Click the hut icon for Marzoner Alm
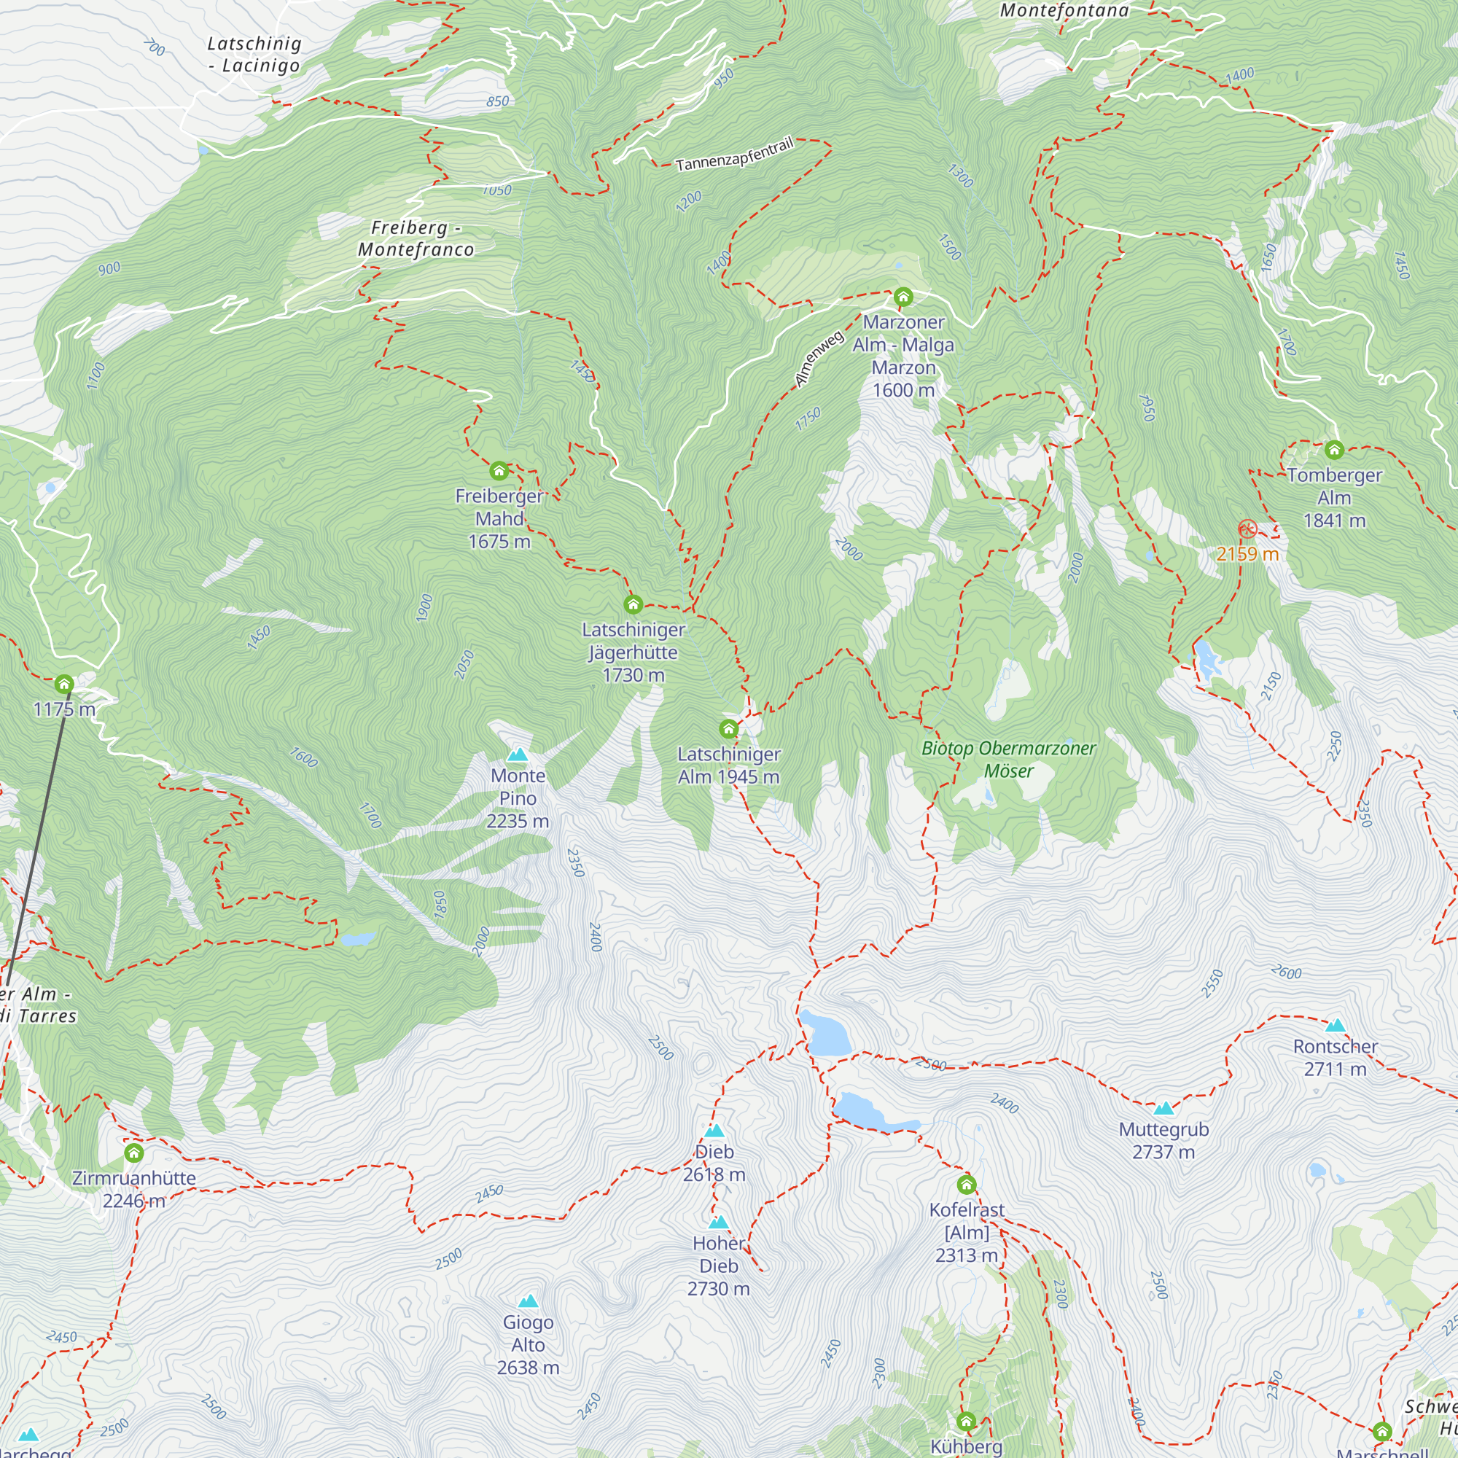point(903,297)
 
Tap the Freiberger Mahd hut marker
point(499,472)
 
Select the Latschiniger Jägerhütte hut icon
point(634,604)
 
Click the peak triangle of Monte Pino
point(518,755)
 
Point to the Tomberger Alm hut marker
point(1334,451)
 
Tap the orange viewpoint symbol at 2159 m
point(1247,529)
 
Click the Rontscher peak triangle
point(1336,1026)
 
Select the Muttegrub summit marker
point(1163,1109)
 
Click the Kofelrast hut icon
point(967,1184)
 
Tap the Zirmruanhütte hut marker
point(134,1153)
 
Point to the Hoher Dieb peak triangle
point(719,1222)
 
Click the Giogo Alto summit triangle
point(529,1301)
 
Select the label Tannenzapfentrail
point(734,154)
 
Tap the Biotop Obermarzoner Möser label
point(1008,759)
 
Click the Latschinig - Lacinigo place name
point(254,55)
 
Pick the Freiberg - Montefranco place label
point(416,238)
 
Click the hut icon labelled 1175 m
point(64,684)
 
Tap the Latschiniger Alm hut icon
point(728,729)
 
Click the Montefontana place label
point(1064,9)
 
